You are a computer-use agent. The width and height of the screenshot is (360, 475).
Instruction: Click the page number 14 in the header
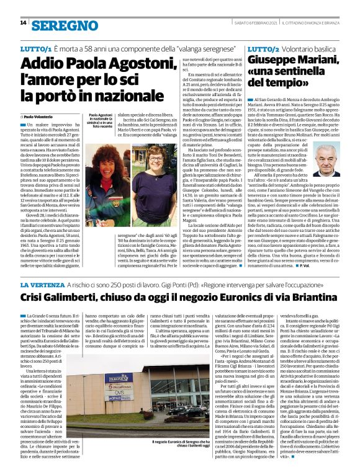tap(23, 23)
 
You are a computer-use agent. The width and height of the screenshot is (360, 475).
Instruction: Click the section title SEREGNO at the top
tap(61, 24)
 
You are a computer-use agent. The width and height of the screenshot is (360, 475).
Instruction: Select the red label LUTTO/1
tap(35, 48)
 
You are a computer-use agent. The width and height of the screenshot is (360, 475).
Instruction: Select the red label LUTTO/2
tap(264, 48)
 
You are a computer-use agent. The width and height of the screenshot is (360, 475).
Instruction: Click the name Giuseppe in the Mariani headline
tap(271, 61)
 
